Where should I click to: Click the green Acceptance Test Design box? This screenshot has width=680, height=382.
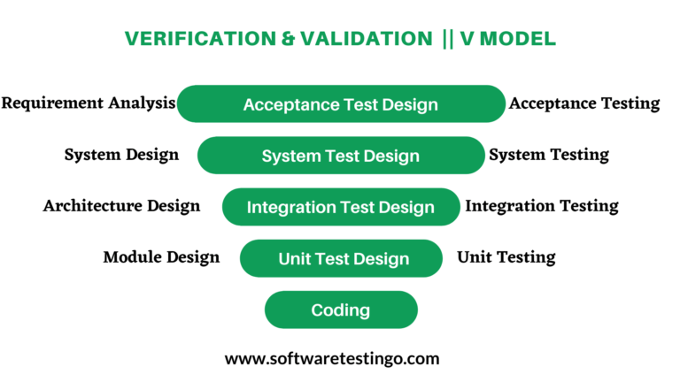341,104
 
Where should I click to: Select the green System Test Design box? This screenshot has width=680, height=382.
341,156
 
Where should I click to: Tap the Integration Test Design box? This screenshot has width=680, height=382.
341,207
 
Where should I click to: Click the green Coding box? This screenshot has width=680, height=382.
341,309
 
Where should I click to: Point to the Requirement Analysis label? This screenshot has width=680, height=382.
88,103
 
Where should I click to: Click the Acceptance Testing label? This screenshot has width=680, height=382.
584,103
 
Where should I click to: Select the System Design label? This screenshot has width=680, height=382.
121,155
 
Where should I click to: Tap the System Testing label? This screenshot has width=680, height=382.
549,155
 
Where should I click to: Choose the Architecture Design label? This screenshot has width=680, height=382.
121,206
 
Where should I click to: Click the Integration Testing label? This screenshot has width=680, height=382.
542,206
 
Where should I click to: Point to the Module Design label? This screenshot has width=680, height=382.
161,257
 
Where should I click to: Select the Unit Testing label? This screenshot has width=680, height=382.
506,257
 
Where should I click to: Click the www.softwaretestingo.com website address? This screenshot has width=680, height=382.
332,358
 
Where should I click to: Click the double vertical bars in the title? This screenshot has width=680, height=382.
446,39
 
